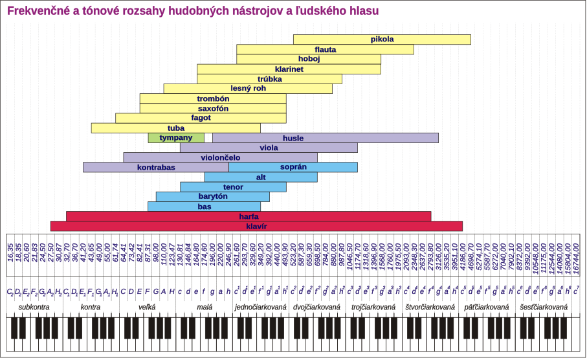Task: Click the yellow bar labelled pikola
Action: [x=382, y=39]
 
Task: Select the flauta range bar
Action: [x=325, y=49]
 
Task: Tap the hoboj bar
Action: [x=309, y=59]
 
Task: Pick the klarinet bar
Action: [x=289, y=69]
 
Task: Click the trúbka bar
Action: [x=269, y=78]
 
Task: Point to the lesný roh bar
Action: [x=248, y=89]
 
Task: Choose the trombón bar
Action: [x=213, y=98]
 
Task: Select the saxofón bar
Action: [x=213, y=108]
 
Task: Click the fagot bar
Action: [x=201, y=118]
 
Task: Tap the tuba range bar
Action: [x=175, y=128]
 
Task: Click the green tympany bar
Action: [x=176, y=138]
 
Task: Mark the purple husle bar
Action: [x=326, y=138]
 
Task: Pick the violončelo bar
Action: [x=220, y=157]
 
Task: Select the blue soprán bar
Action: [x=293, y=167]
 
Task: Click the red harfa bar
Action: [x=249, y=216]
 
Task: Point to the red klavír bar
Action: [x=256, y=226]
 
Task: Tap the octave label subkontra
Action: [x=34, y=307]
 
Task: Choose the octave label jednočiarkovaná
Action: [x=260, y=307]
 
